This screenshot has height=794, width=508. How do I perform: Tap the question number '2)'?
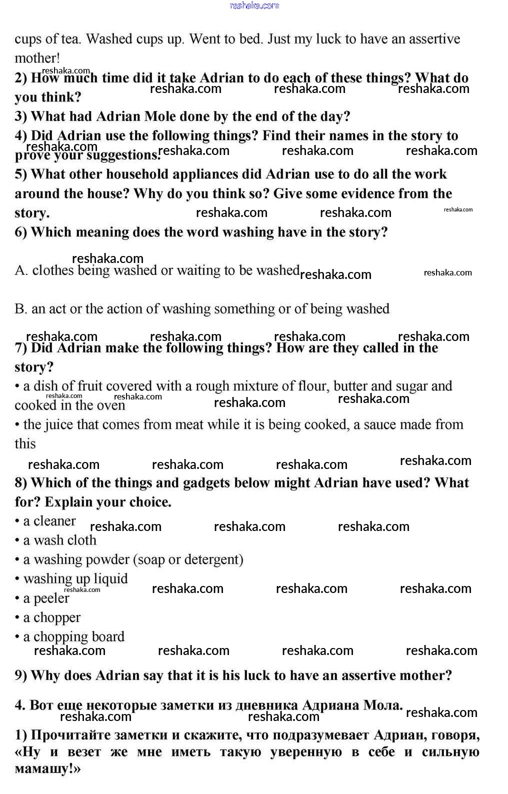[21, 78]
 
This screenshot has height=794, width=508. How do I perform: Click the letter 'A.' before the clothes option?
[21, 270]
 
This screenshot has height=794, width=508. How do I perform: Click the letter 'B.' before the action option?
[21, 309]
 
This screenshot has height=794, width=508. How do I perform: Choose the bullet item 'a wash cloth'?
[59, 540]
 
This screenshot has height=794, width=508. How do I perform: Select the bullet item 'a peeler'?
[46, 598]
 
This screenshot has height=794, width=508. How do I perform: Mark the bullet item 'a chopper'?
[51, 618]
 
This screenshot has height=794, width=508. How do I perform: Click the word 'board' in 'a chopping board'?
[108, 637]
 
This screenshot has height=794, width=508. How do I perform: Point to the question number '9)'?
[21, 676]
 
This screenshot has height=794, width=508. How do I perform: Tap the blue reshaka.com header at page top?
[254, 5]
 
